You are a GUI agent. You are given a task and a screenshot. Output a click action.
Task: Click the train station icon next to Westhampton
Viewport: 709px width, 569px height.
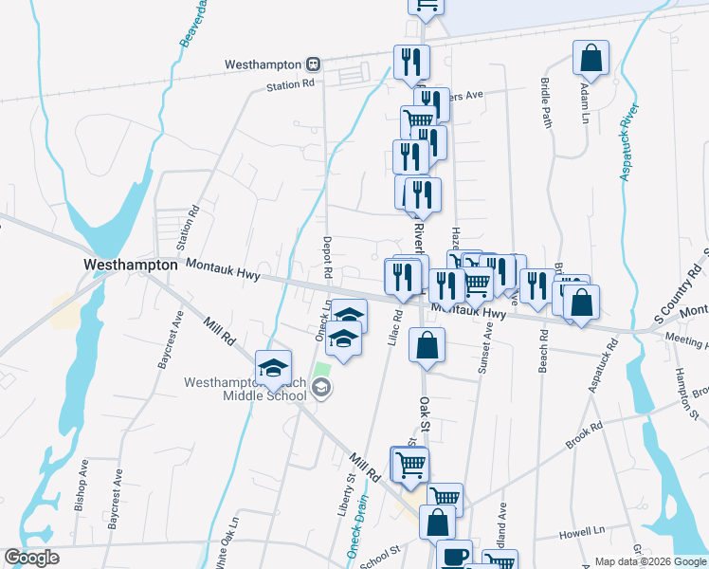tap(313, 64)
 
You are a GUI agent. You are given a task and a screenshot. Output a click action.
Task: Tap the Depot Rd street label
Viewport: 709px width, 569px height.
tap(327, 257)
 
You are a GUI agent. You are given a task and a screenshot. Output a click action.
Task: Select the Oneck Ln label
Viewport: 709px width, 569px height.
tap(321, 323)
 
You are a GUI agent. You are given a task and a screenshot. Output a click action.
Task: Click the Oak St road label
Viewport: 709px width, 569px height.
tap(425, 412)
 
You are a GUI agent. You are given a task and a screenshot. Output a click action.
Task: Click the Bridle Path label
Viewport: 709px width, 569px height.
tap(546, 102)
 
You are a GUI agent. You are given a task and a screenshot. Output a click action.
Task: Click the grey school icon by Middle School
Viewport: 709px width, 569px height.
tap(321, 386)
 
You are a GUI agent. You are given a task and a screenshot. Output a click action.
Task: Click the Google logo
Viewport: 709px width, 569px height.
tap(31, 558)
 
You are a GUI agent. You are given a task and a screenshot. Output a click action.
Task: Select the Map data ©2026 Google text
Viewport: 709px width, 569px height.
tap(649, 560)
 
